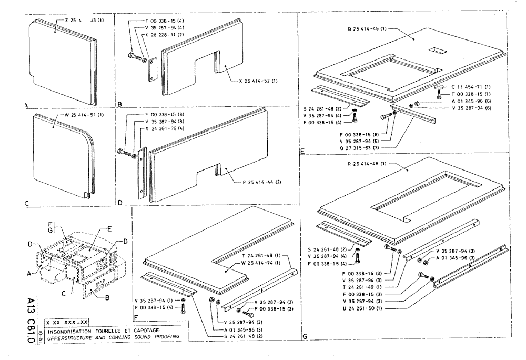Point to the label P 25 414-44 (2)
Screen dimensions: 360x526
pos(258,181)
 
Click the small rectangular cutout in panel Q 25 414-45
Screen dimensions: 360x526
pos(438,51)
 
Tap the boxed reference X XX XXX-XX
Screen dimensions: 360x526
pos(67,322)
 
